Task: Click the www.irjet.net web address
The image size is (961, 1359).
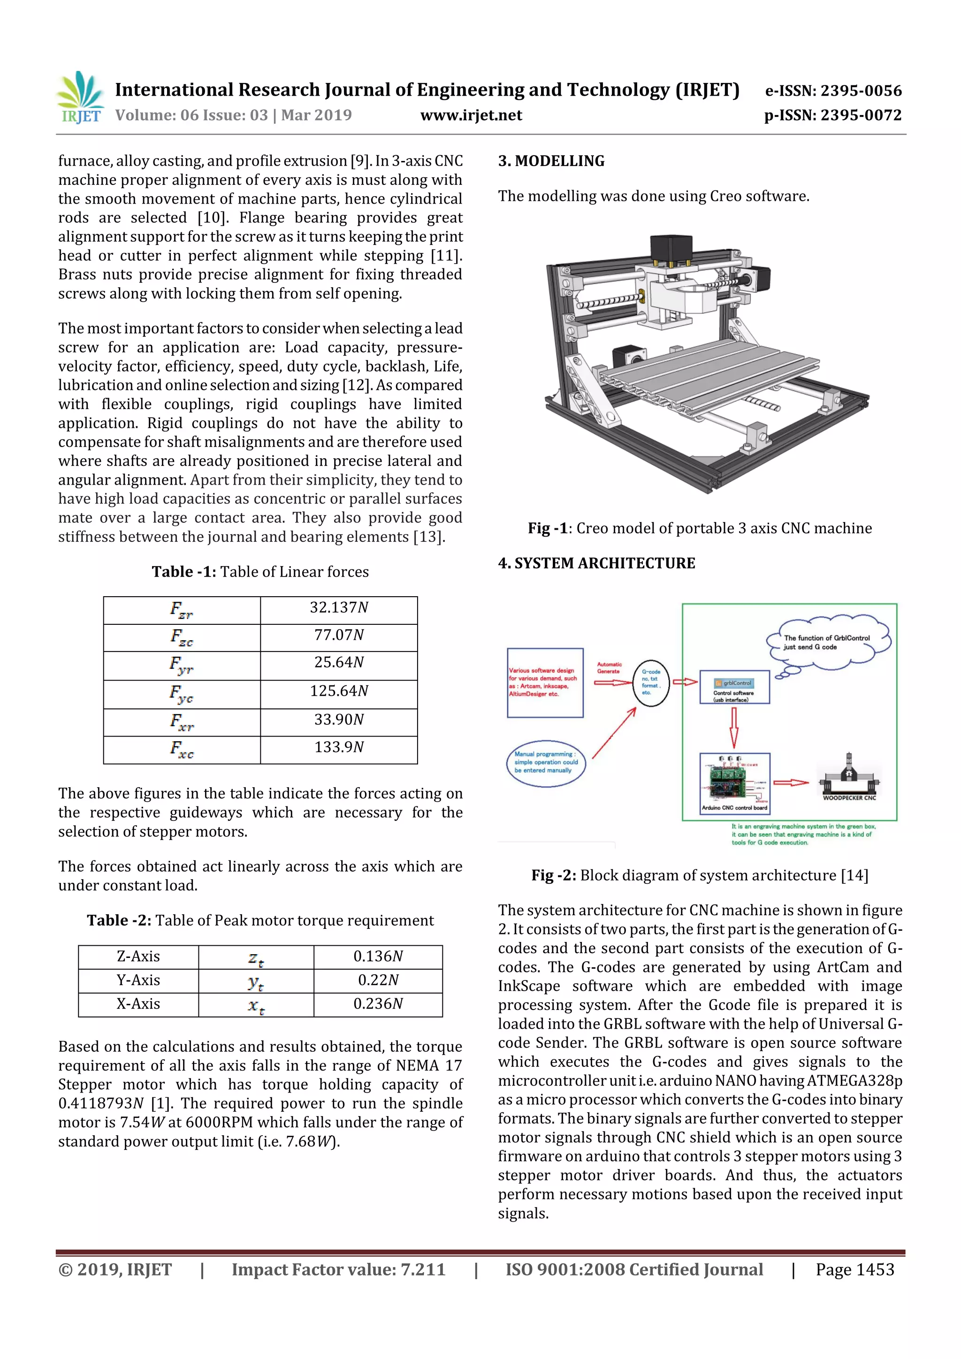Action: (471, 115)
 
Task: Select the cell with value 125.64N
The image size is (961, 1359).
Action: (339, 691)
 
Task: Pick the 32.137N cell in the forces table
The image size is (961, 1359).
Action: (339, 608)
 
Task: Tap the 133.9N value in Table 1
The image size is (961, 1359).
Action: (339, 748)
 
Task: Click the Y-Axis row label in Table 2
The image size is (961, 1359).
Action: (138, 981)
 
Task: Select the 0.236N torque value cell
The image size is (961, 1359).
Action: (378, 1004)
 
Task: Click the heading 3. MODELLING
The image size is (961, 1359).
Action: (551, 161)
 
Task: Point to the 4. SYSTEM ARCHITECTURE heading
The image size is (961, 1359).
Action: (596, 563)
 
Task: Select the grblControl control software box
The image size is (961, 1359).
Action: (734, 687)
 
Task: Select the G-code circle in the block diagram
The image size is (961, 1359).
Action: (651, 683)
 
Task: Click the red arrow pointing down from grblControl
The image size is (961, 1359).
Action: (733, 728)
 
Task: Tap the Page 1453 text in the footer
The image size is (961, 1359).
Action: (854, 1269)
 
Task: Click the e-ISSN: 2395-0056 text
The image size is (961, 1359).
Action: (833, 91)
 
